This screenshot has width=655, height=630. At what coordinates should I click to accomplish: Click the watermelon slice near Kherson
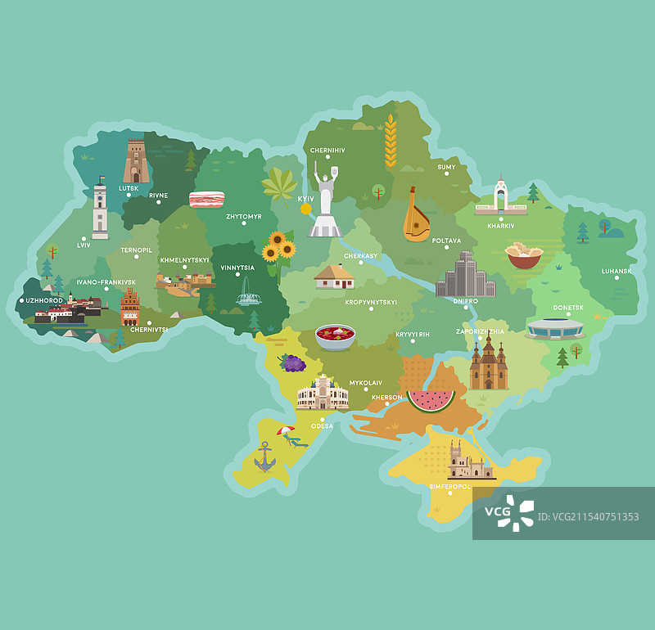431,399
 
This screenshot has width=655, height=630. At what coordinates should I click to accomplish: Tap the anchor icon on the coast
264,457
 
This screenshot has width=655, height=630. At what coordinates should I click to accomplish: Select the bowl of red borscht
335,336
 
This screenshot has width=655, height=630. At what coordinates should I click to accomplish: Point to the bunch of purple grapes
292,362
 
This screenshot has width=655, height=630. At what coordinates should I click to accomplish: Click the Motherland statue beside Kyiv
326,201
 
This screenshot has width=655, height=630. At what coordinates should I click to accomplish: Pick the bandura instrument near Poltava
416,217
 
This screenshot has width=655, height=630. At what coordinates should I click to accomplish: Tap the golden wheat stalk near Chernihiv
391,140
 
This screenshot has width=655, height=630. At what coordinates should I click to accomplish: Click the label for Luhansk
617,271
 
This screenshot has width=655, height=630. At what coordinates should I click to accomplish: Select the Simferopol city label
450,487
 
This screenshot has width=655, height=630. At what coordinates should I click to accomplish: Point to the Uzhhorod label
44,300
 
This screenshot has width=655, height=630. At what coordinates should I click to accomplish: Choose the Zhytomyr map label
244,217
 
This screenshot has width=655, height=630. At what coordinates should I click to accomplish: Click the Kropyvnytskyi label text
370,302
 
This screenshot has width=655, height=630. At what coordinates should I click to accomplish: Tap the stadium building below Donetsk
555,329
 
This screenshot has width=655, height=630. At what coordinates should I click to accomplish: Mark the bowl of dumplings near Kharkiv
524,256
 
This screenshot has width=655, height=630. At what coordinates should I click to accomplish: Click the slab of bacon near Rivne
206,200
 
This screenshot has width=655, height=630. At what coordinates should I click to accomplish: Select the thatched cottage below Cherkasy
334,277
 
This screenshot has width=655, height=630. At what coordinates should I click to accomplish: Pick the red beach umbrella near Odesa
285,430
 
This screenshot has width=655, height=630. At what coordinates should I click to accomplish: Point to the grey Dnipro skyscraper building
465,276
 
